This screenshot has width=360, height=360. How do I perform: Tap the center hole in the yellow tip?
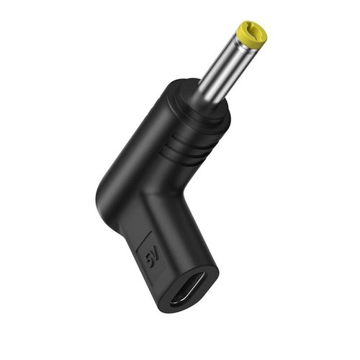(255, 31)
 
